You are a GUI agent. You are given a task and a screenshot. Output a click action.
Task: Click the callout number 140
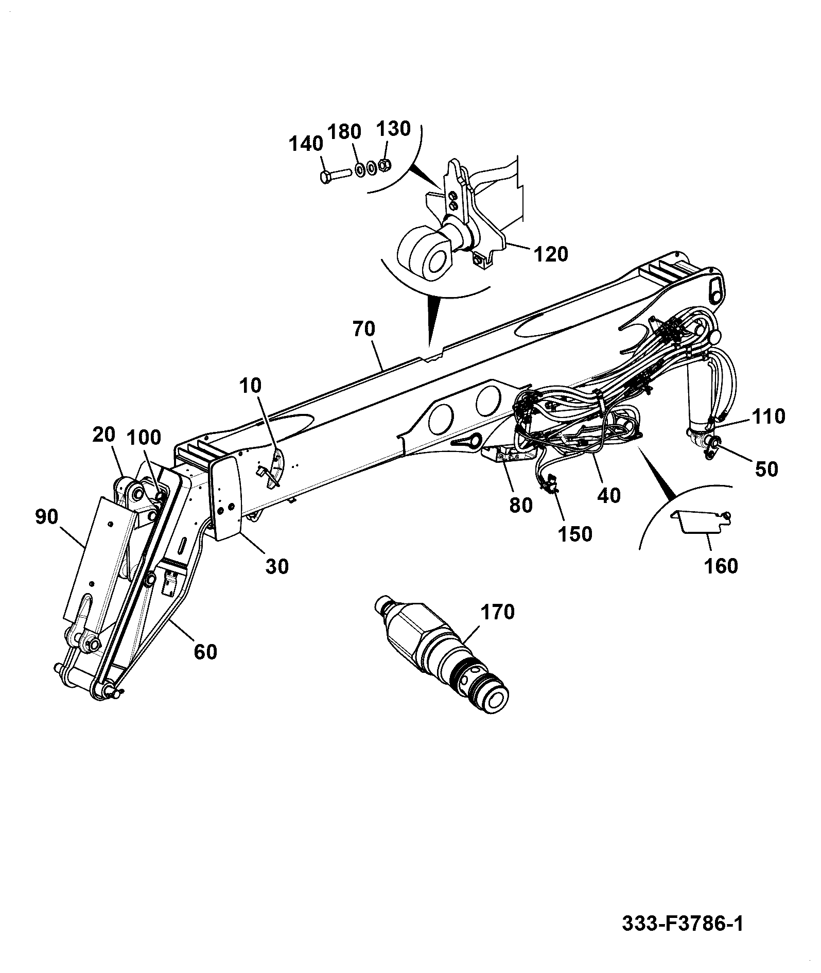[x=305, y=144]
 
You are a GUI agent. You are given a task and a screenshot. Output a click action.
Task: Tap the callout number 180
[x=344, y=132]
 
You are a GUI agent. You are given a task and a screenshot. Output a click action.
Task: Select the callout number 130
[x=394, y=128]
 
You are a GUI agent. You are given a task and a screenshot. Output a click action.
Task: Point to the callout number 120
[x=551, y=254]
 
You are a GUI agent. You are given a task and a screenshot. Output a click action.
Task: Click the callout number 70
[x=364, y=328]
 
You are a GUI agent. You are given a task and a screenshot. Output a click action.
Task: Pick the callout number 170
[x=498, y=612]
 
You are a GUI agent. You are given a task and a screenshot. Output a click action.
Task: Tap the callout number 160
[x=721, y=566]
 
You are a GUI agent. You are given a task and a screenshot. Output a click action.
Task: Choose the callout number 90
[x=47, y=516]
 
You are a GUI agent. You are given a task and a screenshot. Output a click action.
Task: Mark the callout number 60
[x=205, y=652]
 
